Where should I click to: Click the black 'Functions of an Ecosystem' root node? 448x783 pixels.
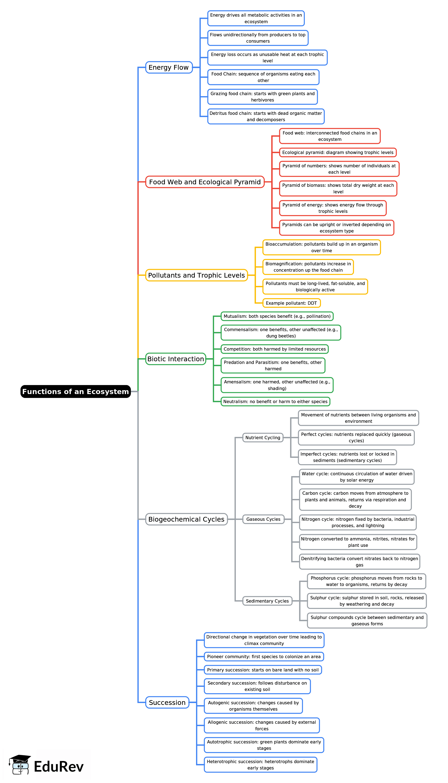[75, 391]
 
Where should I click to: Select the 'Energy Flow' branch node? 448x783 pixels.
[169, 67]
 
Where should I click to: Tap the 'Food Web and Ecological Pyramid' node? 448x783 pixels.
[205, 182]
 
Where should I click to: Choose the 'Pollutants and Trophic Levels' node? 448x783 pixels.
[196, 275]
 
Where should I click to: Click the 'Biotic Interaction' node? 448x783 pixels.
[175, 359]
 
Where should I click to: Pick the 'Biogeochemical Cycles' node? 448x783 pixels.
[186, 519]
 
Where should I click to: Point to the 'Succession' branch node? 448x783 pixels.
[167, 702]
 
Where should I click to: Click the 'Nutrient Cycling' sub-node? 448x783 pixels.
[263, 438]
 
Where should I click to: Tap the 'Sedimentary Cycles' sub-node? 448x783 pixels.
[267, 601]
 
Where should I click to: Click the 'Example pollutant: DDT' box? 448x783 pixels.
[291, 303]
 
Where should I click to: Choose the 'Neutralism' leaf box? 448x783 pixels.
[275, 401]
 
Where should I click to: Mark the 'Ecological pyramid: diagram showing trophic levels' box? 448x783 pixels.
[338, 152]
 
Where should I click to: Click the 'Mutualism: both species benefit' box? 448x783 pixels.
[277, 316]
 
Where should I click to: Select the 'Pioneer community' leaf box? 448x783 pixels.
[264, 656]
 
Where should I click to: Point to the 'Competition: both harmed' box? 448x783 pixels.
[274, 349]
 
